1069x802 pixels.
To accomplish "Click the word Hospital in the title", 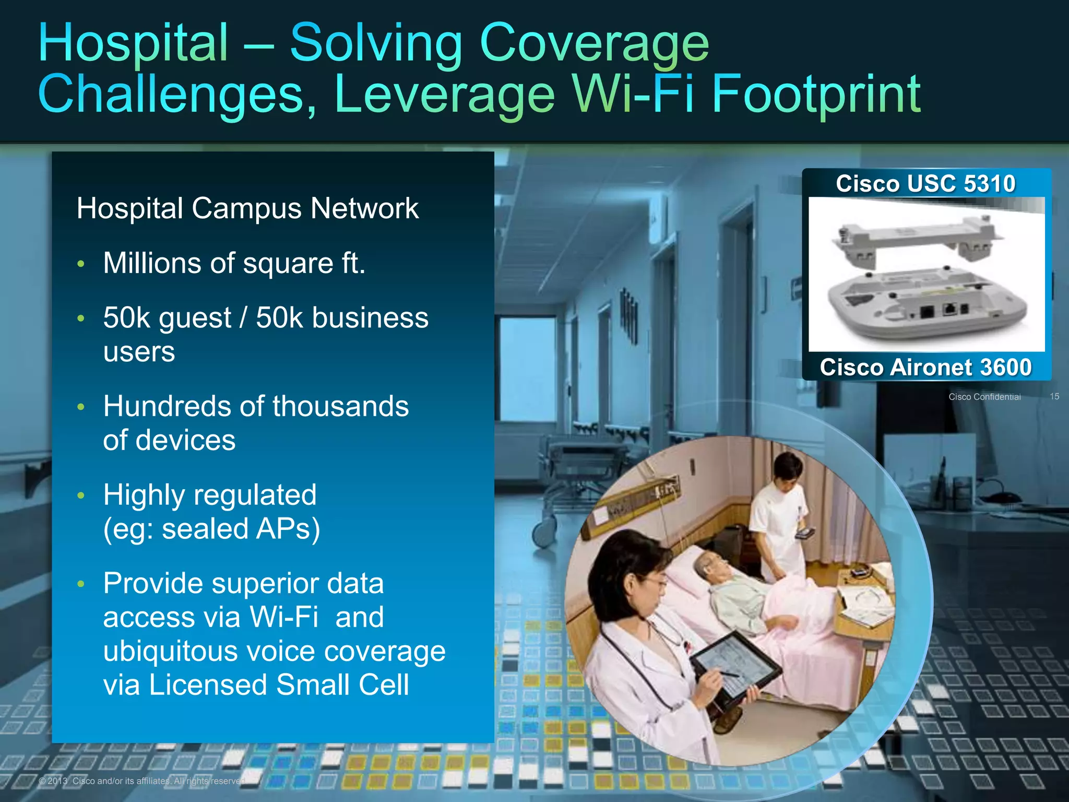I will pyautogui.click(x=134, y=43).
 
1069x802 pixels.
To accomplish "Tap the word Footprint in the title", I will pyautogui.click(x=816, y=94).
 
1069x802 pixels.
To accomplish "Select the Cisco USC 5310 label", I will pyautogui.click(x=925, y=184).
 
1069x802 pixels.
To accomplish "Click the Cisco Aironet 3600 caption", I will pyautogui.click(x=925, y=367).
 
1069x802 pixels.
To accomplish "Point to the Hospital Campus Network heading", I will pyautogui.click(x=247, y=208).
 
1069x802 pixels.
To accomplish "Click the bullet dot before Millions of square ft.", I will pyautogui.click(x=81, y=264).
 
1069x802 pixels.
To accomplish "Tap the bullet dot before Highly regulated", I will pyautogui.click(x=81, y=496).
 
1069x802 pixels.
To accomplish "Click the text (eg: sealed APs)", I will pyautogui.click(x=211, y=529).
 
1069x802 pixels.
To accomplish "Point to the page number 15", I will pyautogui.click(x=1054, y=396).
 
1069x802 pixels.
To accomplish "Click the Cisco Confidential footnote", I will pyautogui.click(x=984, y=397).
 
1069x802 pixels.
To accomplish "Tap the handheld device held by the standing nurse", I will pyautogui.click(x=804, y=533).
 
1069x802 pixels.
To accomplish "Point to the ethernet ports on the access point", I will pyautogui.click(x=940, y=310).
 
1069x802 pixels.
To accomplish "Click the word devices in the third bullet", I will pyautogui.click(x=185, y=440).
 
